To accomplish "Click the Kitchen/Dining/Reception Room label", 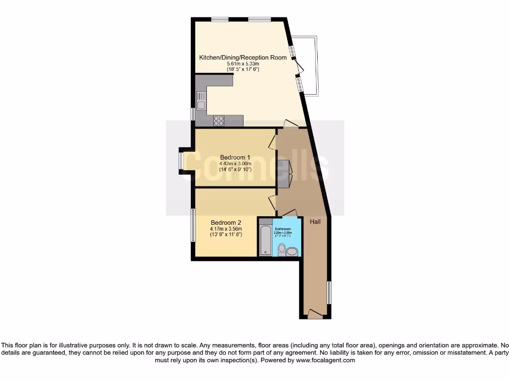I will coord(243,58).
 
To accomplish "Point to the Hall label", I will coord(315,222).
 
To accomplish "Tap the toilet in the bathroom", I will coord(282,249).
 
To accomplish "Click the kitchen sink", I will coord(201,101).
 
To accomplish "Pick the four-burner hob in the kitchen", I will coord(219,121).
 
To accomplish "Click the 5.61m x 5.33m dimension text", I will coord(243,63).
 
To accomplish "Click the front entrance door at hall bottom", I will coord(315,314).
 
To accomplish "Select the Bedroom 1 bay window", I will coord(181,161).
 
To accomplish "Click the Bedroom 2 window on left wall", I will coord(193,225).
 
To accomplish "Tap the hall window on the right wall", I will coord(328,293).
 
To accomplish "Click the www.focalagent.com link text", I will coord(326,360).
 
